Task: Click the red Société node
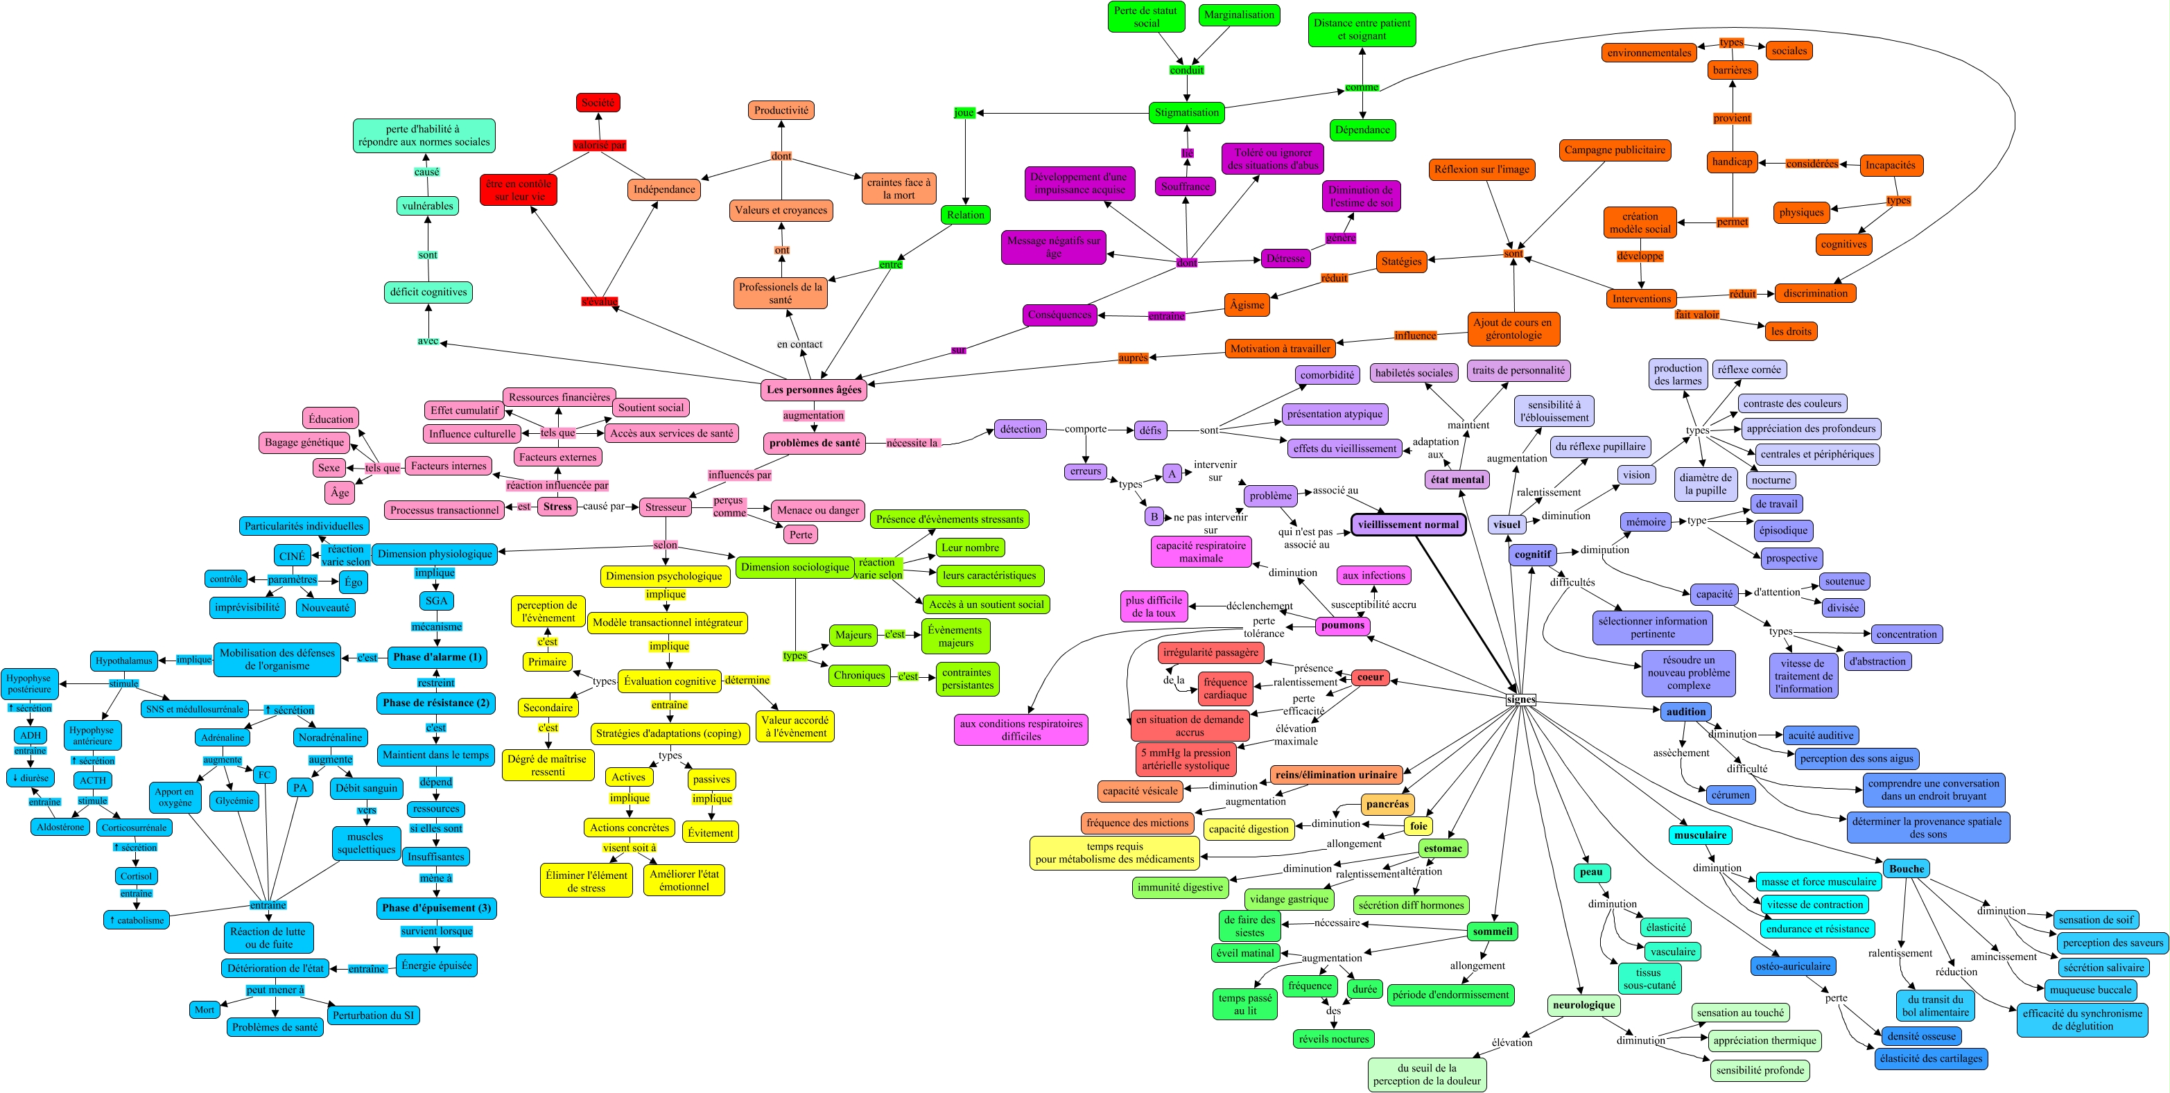click(x=598, y=103)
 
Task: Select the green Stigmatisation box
click(x=1186, y=113)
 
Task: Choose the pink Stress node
click(x=557, y=507)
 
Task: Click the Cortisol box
click(x=136, y=877)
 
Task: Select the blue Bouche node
click(x=1907, y=869)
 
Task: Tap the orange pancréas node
click(x=1387, y=804)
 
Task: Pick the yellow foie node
click(x=1418, y=826)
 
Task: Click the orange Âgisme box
click(x=1247, y=305)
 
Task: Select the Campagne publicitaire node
click(x=1614, y=150)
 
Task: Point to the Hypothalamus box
click(x=124, y=661)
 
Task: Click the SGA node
click(x=436, y=601)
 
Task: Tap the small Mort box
click(x=205, y=1010)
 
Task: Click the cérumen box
click(x=1730, y=795)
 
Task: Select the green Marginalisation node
click(x=1238, y=15)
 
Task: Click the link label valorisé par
click(x=599, y=145)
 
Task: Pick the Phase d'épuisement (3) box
click(x=436, y=909)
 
